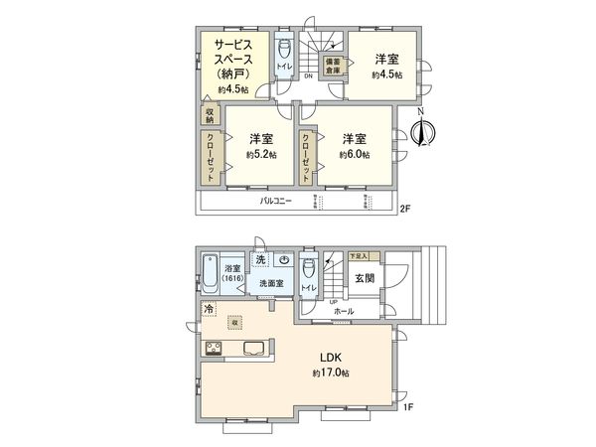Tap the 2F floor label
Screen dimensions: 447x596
click(x=404, y=209)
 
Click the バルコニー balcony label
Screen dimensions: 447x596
click(x=274, y=201)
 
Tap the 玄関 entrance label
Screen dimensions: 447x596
click(x=364, y=278)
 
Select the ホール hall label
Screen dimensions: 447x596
click(x=344, y=310)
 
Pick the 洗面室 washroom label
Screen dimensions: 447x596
click(x=271, y=284)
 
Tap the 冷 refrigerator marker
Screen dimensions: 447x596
click(x=209, y=310)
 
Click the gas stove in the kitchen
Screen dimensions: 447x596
click(x=214, y=348)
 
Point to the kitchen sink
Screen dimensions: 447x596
click(x=252, y=348)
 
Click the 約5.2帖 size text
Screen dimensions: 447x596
click(x=262, y=155)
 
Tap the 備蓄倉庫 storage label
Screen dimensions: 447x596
click(x=331, y=65)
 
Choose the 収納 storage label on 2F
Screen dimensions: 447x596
click(x=210, y=115)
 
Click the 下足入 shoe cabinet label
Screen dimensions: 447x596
click(x=358, y=256)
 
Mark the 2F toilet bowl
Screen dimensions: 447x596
click(x=283, y=48)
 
